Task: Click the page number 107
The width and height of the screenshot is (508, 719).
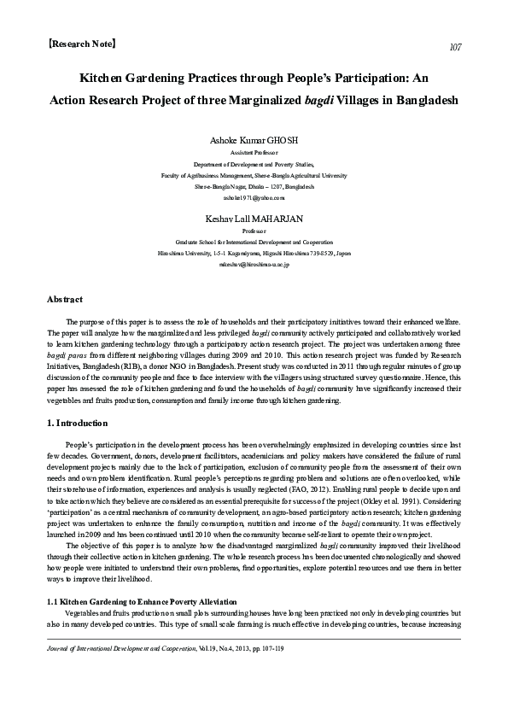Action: [454, 47]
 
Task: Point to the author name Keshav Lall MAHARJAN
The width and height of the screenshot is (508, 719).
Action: [254, 219]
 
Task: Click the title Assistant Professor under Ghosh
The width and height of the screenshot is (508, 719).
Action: [254, 149]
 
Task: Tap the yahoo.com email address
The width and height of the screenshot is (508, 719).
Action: [254, 197]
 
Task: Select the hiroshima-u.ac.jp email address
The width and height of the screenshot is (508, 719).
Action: [254, 266]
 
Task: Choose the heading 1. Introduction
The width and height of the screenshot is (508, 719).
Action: [77, 423]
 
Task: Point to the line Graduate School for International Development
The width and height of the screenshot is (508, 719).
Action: [254, 243]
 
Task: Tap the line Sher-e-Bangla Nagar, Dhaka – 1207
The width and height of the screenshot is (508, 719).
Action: [254, 185]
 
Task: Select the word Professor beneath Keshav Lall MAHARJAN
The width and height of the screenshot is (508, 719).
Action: [254, 231]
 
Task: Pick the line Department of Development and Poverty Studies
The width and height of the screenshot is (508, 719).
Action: [254, 161]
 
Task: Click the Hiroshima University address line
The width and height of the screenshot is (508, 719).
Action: [254, 254]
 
